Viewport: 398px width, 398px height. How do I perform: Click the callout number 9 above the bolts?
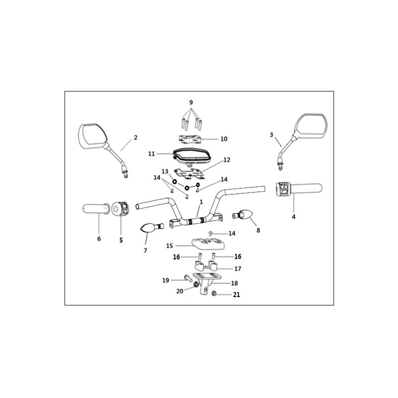pos(191,102)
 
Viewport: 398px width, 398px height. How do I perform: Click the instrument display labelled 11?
pos(193,155)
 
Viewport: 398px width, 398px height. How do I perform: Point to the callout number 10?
pos(223,139)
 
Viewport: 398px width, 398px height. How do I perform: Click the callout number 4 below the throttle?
pos(294,217)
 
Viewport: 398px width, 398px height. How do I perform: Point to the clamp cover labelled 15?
pos(207,243)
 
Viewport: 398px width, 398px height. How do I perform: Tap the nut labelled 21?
pos(214,294)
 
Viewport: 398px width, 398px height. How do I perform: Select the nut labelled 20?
pos(196,285)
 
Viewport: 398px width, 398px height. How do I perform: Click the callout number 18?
pos(234,283)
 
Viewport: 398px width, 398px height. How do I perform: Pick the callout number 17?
pos(238,269)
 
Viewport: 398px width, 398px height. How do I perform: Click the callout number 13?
pos(165,171)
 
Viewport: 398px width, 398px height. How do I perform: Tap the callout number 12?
pos(227,160)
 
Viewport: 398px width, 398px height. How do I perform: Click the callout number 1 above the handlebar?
pos(201,202)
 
